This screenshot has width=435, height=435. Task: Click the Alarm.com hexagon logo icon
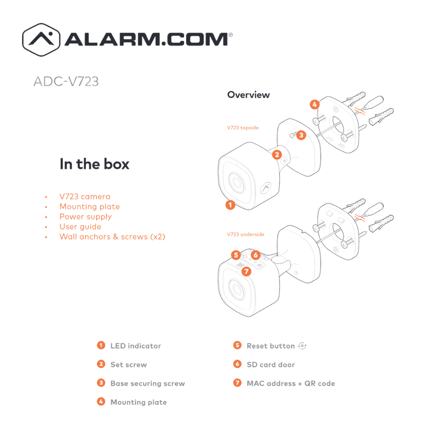pos(42,40)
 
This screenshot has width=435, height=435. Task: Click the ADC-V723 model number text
pos(66,82)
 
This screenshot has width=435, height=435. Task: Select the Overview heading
pos(248,95)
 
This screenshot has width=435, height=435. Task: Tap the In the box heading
pos(94,164)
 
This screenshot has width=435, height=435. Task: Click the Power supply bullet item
pos(85,217)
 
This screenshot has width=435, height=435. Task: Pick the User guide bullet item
pos(80,227)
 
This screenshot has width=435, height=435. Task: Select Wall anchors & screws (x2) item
pos(112,237)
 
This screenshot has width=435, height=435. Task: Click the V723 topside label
pos(243,128)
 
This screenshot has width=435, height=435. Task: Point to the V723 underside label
pos(246,234)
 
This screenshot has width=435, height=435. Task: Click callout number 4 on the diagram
pos(314,105)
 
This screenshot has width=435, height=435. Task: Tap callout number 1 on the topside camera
pos(230,205)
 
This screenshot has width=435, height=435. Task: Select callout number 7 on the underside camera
pos(246,271)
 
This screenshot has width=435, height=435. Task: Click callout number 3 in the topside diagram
pos(301,135)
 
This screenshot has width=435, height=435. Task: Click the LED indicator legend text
pos(135,346)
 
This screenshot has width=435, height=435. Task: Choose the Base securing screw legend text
pos(147,383)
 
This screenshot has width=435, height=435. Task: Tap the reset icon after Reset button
pos(302,346)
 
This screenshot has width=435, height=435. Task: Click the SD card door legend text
pos(271,365)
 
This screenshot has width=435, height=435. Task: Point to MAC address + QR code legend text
pos(290,383)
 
